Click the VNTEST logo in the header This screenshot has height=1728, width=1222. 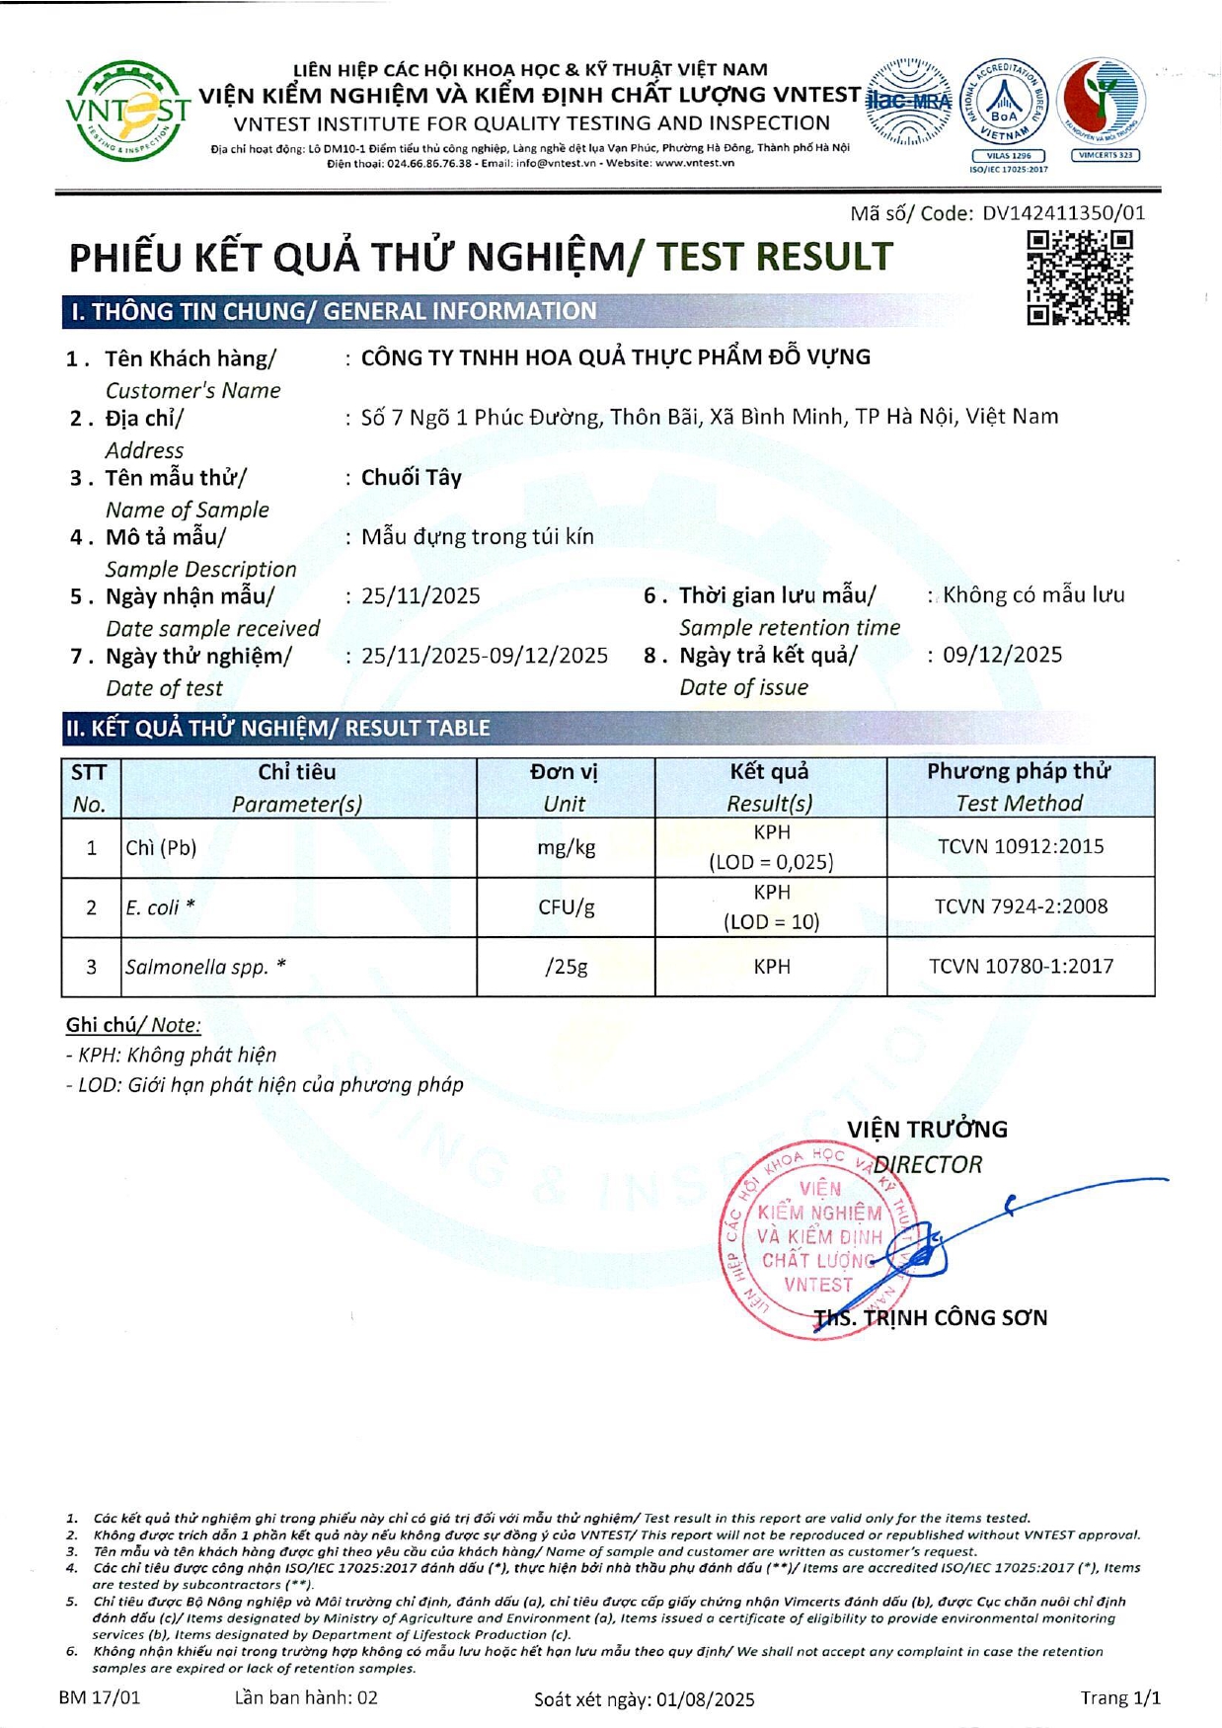point(127,111)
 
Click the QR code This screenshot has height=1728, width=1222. point(1079,277)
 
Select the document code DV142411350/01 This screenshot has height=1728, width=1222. point(1063,213)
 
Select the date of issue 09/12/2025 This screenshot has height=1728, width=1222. point(1002,656)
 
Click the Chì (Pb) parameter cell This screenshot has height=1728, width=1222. point(161,848)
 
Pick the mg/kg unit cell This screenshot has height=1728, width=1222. point(566,848)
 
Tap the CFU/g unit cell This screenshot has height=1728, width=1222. point(566,907)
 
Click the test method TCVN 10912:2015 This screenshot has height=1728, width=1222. point(1021,847)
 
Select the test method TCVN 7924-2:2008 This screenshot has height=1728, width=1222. point(1021,906)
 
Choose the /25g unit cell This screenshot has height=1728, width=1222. point(566,967)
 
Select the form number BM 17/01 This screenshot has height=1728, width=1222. point(100,1697)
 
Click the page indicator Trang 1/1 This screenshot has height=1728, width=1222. point(1119,1697)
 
